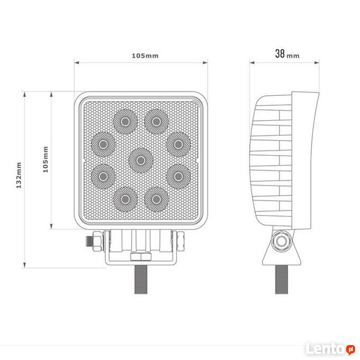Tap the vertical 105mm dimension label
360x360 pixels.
point(45,159)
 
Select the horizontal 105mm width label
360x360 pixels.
point(145,55)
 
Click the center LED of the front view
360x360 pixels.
point(141,160)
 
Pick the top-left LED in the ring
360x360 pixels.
point(125,121)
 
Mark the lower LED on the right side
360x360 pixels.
point(177,176)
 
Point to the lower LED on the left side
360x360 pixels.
point(103,176)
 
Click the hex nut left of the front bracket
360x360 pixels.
point(92,242)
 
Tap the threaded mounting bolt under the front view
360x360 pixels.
point(141,279)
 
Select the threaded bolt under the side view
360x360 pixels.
point(283,279)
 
